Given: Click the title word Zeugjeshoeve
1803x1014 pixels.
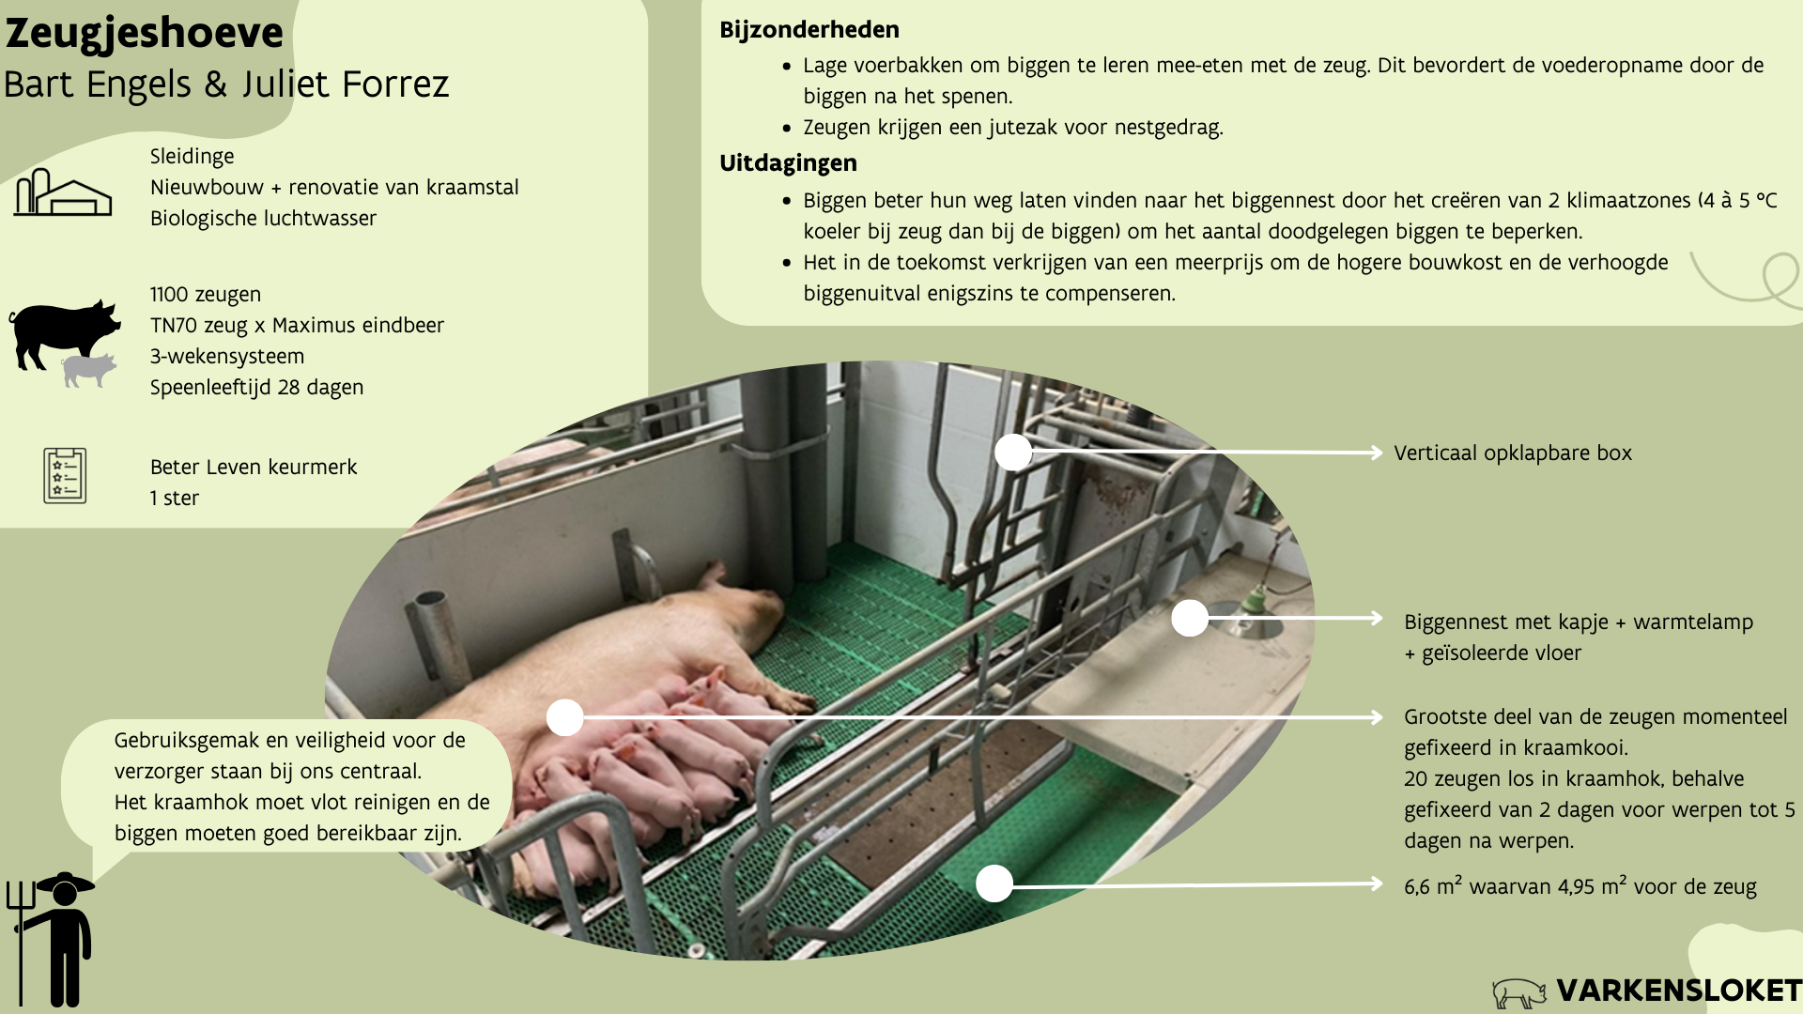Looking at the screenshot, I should coord(144,34).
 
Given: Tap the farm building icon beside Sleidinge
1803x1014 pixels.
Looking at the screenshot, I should coord(62,192).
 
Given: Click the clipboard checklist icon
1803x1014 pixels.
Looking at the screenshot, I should coord(65,476).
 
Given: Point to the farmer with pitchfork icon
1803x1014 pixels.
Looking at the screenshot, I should coord(54,939).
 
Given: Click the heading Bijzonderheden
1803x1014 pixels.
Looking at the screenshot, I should coord(809,30).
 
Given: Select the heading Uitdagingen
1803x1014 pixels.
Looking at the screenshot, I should coord(788,163).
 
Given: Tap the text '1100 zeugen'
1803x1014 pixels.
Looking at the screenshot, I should coord(205,295).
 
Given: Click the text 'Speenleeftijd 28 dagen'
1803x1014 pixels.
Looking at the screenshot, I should coord(256,388).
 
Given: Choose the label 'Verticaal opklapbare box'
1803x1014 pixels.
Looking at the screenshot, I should coord(1512,453).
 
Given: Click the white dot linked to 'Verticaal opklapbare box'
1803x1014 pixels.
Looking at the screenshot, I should coord(1013,453).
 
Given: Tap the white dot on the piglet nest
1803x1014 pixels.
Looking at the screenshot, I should coord(1189,618).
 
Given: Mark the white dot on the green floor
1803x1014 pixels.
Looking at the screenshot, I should coord(994,883).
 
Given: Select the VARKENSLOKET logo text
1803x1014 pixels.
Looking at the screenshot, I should coord(1678,991).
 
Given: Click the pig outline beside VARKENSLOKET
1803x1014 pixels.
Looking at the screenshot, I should coord(1518,992).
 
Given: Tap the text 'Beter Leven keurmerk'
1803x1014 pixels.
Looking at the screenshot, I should coord(254,468).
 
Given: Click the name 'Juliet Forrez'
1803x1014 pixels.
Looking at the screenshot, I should coord(345,84).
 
